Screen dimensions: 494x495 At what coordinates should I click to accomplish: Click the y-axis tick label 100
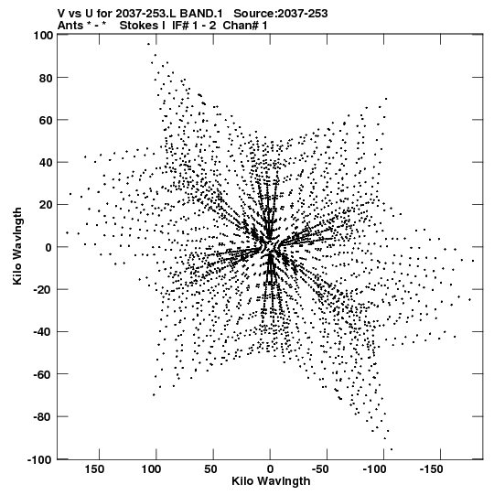(x=43, y=36)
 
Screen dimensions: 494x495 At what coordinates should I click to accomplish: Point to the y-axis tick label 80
(x=46, y=79)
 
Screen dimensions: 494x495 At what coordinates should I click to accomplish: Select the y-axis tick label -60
(x=43, y=375)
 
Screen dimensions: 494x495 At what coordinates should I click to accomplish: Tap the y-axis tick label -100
(x=40, y=459)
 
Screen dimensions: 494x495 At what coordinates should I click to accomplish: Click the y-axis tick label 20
(x=46, y=205)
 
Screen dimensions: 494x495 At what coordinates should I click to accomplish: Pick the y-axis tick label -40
(x=43, y=332)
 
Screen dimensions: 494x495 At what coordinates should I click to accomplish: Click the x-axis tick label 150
(x=94, y=469)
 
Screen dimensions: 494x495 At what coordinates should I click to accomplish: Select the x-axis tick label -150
(x=432, y=469)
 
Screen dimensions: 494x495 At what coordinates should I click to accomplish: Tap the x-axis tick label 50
(x=210, y=469)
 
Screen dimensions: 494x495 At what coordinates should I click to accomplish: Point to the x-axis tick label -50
(x=320, y=469)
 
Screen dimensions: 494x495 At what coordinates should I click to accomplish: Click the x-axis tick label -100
(x=375, y=469)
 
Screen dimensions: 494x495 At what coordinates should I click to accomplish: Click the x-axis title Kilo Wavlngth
(x=271, y=482)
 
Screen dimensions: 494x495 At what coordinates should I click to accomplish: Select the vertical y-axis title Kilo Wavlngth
(x=17, y=246)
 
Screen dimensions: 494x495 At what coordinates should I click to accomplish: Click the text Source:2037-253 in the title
(x=281, y=14)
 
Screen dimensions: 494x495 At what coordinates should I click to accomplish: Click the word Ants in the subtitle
(x=70, y=26)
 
